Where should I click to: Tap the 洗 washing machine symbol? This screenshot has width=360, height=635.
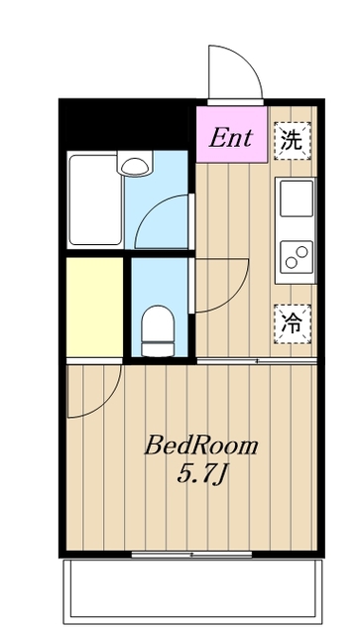(x=291, y=139)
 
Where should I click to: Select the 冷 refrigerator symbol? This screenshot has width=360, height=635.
(x=291, y=320)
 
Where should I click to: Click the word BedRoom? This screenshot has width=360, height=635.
(x=201, y=445)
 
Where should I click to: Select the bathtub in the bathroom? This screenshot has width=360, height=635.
(x=94, y=199)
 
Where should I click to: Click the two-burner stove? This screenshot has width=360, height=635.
(x=296, y=256)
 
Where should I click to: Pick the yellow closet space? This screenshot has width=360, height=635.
(x=94, y=307)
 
